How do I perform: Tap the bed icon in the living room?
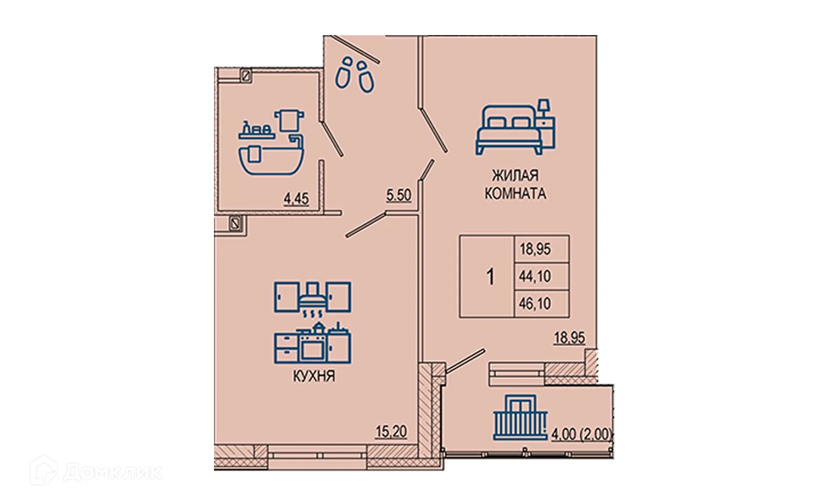point(508,130)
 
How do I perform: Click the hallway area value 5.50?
point(399,195)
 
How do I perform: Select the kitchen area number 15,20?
point(391,431)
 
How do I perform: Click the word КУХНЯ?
point(313,376)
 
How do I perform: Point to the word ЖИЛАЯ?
point(515,175)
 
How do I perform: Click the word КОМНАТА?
point(515,194)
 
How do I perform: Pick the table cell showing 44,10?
point(535,276)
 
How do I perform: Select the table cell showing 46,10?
point(535,304)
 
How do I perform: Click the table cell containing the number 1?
point(490,277)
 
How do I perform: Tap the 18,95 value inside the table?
point(535,250)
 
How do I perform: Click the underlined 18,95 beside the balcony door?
point(569,337)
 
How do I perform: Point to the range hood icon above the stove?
point(312,297)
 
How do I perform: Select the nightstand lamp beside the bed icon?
point(544,106)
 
